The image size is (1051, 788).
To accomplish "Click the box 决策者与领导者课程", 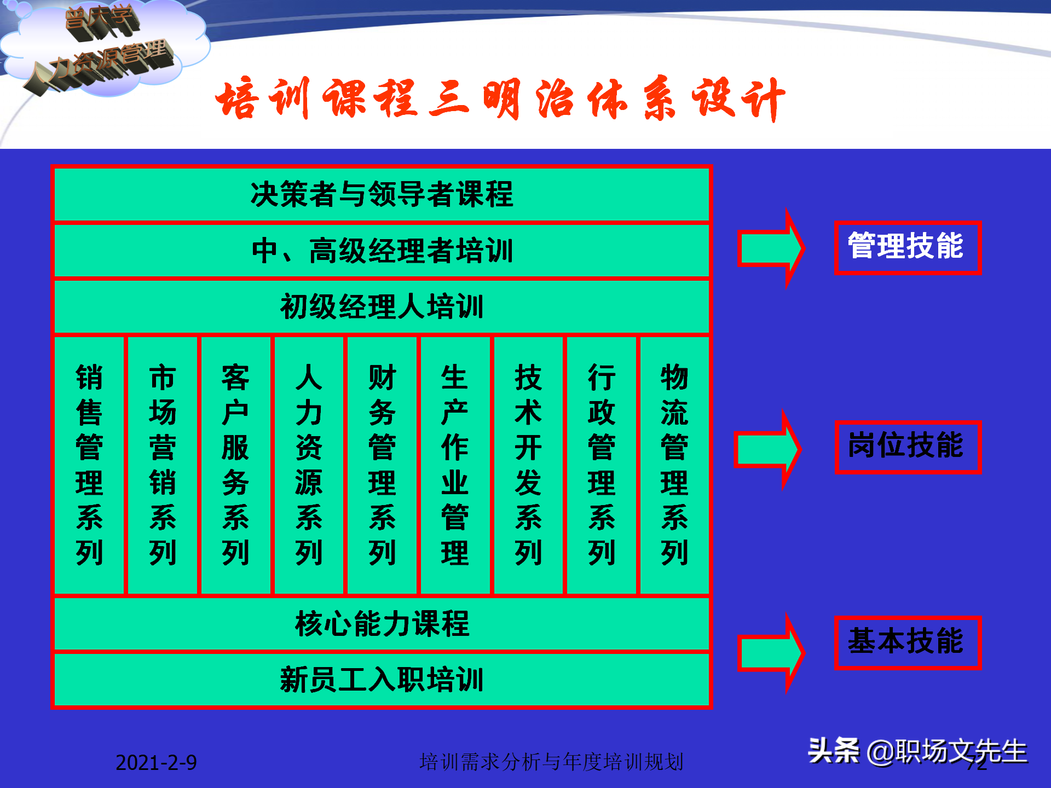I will click(382, 194).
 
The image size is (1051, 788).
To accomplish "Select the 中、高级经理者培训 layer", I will click(382, 251).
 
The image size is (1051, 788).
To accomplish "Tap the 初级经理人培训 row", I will click(382, 306).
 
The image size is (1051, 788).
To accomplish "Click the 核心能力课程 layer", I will click(382, 624).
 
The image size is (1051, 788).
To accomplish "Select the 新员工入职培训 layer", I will click(382, 680).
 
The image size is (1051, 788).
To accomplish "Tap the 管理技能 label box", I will click(907, 247).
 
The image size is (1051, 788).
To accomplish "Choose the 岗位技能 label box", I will click(908, 447).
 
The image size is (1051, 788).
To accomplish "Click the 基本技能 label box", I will click(907, 642).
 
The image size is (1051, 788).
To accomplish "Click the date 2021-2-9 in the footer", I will click(156, 762).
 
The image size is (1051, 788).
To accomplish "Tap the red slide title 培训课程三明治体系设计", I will click(500, 99).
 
